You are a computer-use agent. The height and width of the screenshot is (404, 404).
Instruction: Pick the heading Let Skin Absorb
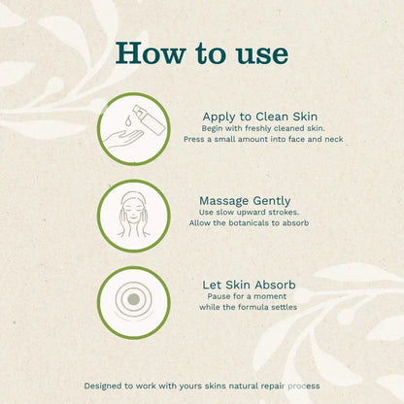coord(249,285)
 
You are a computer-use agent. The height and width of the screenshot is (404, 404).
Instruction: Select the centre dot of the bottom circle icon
coord(133,299)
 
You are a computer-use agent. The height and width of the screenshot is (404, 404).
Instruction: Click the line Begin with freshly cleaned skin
coord(262,128)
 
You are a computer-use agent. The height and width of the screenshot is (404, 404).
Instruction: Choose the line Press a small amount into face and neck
coord(262,140)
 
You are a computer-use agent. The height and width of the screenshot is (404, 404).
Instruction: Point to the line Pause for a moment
coord(249,296)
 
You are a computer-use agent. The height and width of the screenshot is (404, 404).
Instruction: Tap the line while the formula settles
coord(249,308)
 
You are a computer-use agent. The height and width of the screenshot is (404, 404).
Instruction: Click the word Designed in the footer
coord(105,386)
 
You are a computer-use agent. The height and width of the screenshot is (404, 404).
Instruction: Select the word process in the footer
coord(299,386)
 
